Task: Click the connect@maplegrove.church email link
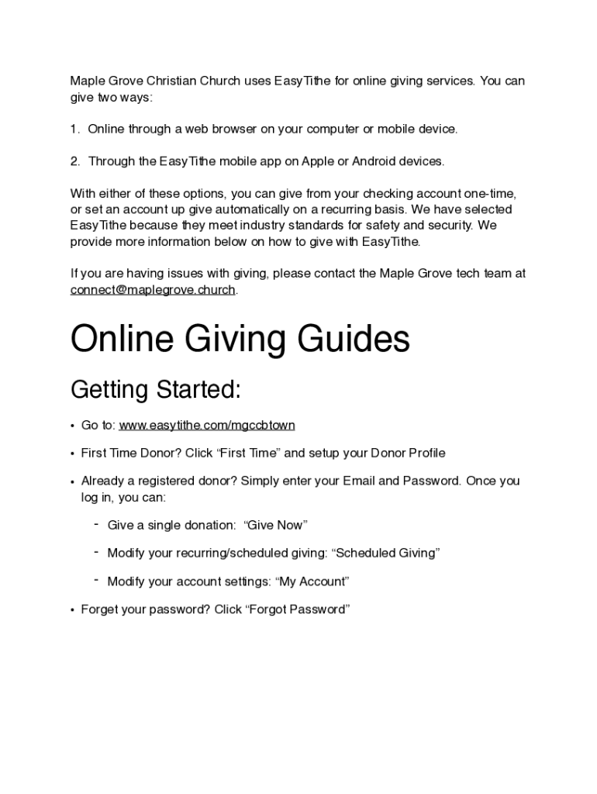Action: pyautogui.click(x=153, y=290)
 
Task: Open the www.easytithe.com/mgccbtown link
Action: pyautogui.click(x=207, y=425)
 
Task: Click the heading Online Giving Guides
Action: pyautogui.click(x=240, y=340)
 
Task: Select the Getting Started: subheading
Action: pyautogui.click(x=156, y=390)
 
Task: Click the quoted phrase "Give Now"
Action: pyautogui.click(x=276, y=525)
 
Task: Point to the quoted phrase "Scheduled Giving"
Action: pyautogui.click(x=386, y=553)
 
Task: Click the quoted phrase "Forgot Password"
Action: pyautogui.click(x=298, y=609)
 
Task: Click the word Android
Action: pyautogui.click(x=374, y=161)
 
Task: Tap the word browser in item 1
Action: pyautogui.click(x=229, y=129)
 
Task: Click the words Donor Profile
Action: pyautogui.click(x=407, y=453)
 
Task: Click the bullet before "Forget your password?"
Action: pyautogui.click(x=72, y=609)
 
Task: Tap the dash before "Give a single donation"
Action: pyautogui.click(x=96, y=524)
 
